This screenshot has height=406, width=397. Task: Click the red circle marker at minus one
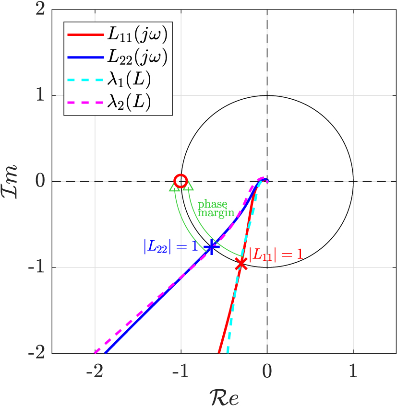(180, 181)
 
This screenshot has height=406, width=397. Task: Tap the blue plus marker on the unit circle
(211, 246)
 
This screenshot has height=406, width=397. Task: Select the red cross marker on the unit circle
(241, 263)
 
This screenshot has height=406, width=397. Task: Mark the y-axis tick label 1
(46, 95)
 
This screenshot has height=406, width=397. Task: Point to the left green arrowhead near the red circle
(175, 187)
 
